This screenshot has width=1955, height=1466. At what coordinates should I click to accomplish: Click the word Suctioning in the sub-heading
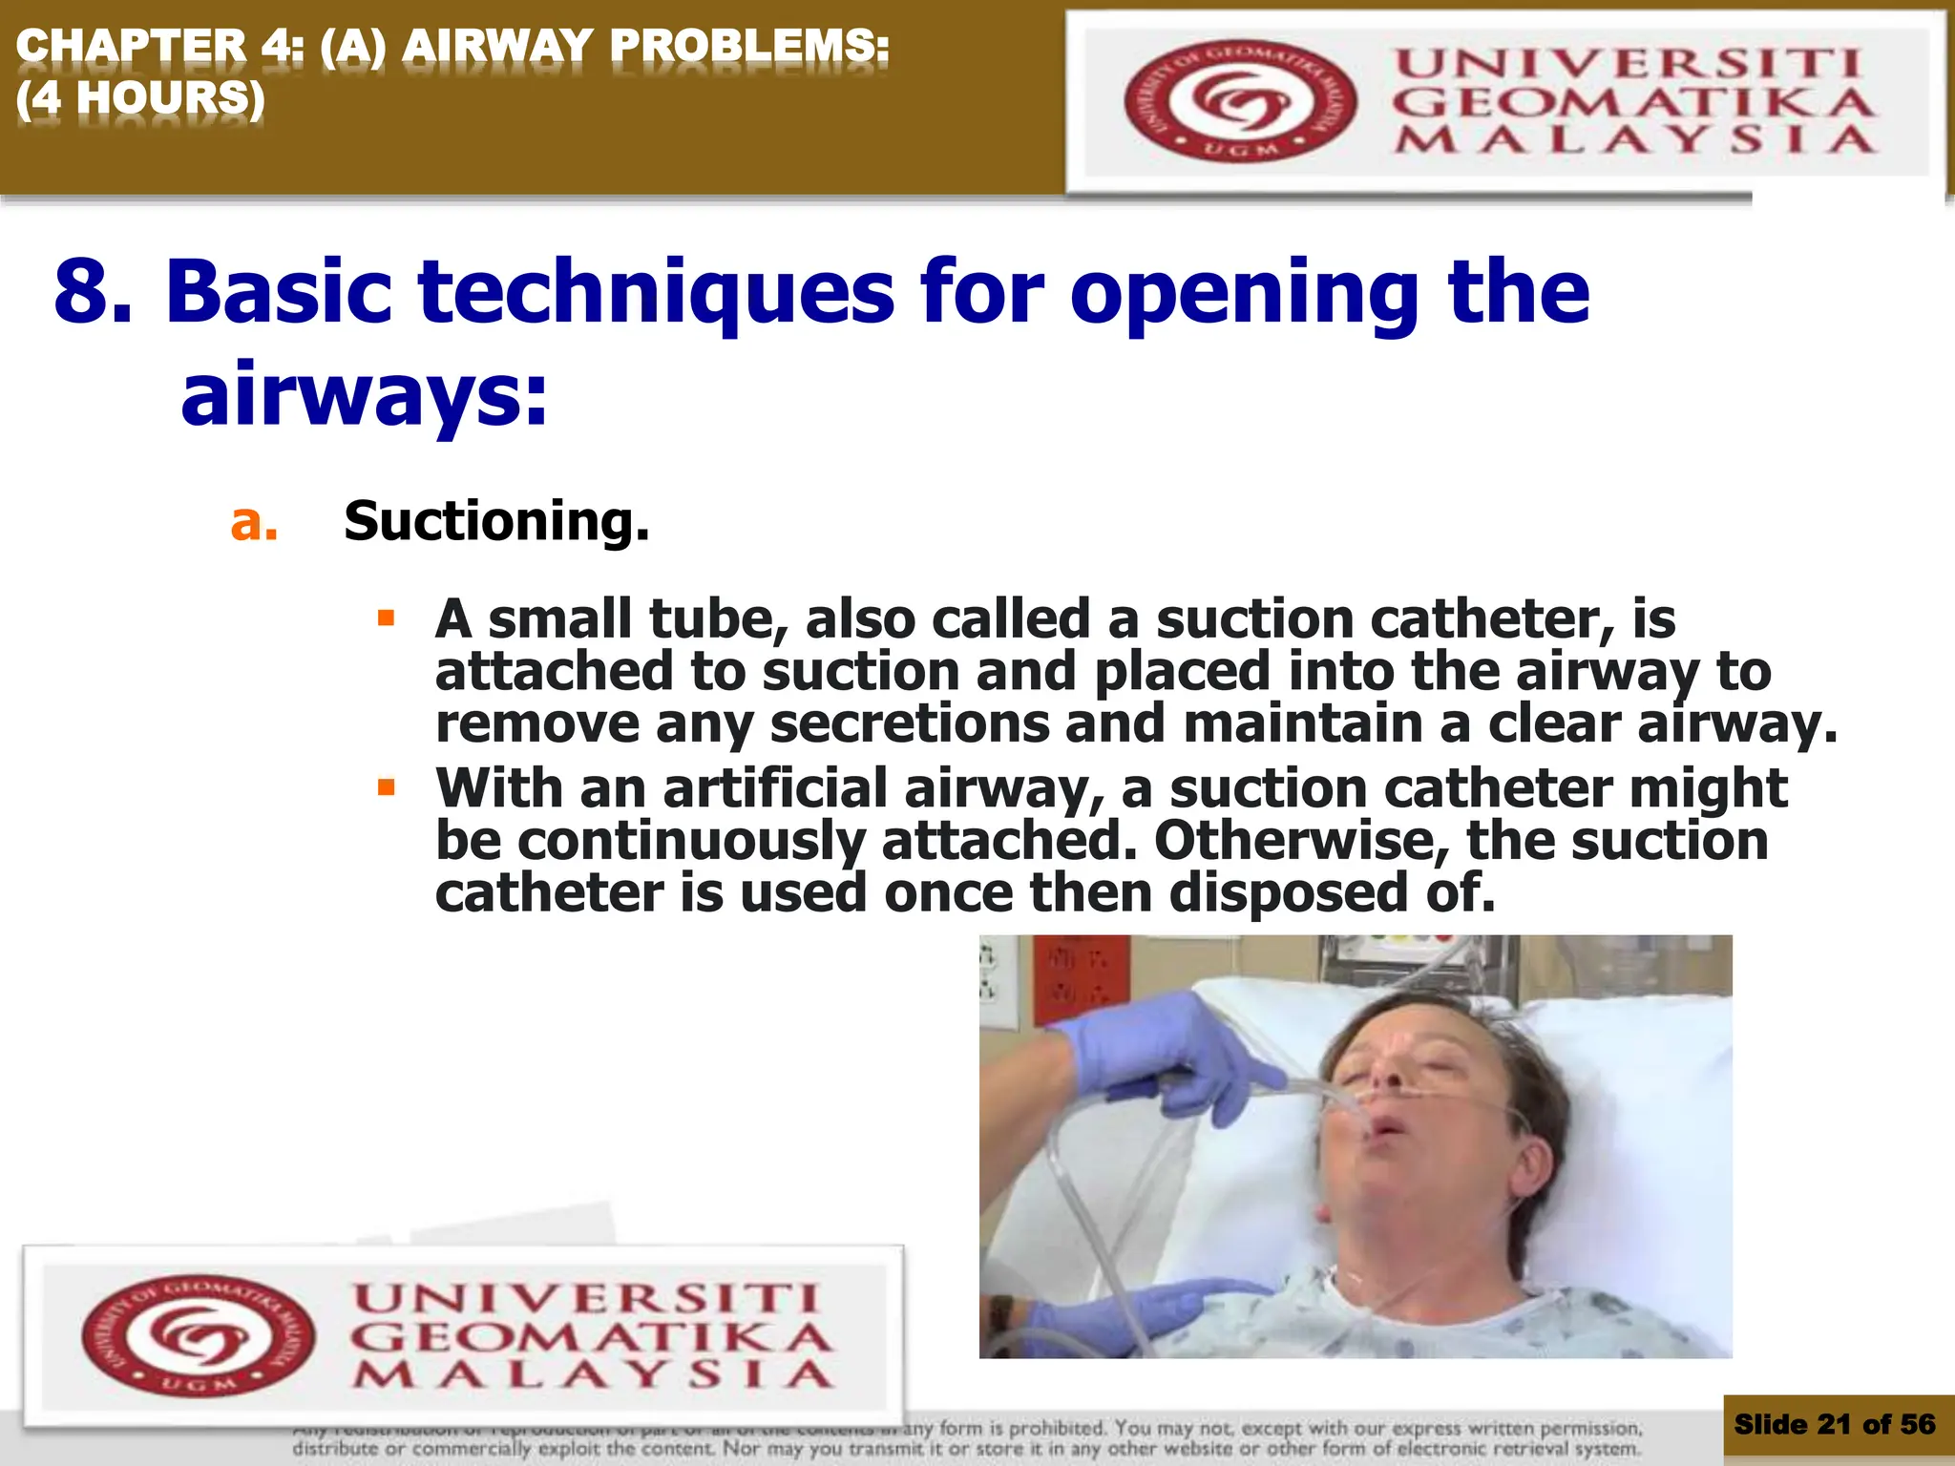[495, 521]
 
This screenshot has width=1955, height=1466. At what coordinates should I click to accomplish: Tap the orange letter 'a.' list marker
[254, 522]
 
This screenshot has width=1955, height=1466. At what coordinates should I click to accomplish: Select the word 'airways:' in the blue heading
[365, 394]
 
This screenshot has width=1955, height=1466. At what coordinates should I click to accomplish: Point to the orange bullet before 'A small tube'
[386, 618]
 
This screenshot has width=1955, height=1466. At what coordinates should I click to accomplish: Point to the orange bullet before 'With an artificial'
[386, 787]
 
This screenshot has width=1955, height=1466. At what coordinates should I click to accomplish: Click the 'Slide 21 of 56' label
[1834, 1425]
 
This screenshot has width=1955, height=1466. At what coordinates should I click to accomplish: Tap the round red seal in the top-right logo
[1239, 101]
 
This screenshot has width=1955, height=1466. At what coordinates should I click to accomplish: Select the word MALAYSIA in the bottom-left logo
[593, 1374]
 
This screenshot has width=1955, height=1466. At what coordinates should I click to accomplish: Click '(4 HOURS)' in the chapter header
[140, 97]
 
